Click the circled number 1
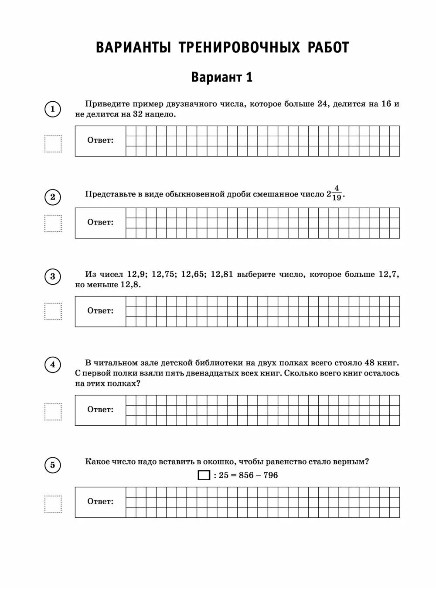pyautogui.click(x=53, y=109)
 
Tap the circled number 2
pyautogui.click(x=53, y=197)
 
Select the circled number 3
pyautogui.click(x=53, y=277)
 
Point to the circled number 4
pyautogui.click(x=53, y=364)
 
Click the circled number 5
pyautogui.click(x=53, y=465)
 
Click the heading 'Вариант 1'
pyautogui.click(x=222, y=77)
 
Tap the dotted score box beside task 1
pyautogui.click(x=53, y=144)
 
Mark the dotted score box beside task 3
pyautogui.click(x=53, y=311)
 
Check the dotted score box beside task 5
pyautogui.click(x=53, y=504)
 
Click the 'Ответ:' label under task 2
pyautogui.click(x=100, y=222)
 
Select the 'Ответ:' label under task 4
pyautogui.click(x=100, y=410)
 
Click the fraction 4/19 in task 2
pyautogui.click(x=336, y=193)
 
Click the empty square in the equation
pyautogui.click(x=204, y=475)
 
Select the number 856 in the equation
pyautogui.click(x=246, y=475)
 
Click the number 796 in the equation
pyautogui.click(x=270, y=475)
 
